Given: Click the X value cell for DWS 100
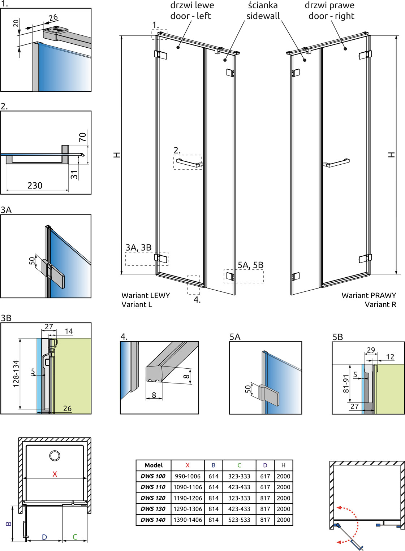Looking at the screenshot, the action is pos(188,476).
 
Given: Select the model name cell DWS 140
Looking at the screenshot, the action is pos(153,520).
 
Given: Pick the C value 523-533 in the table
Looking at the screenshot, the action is pos(239,520).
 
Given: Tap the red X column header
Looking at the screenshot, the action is pos(188,465).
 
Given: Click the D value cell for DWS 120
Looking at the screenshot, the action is pos(265,498).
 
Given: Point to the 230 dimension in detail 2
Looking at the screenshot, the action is pos(35,186).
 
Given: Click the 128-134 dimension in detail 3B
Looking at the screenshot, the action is pos(16,374).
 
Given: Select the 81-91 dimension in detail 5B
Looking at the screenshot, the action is pos(346,384).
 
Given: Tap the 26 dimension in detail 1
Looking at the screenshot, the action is pos(53,17).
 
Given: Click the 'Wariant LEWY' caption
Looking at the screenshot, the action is pos(146,295).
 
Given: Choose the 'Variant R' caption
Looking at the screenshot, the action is pos(380,304).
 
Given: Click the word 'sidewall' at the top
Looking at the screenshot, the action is pos(263,16).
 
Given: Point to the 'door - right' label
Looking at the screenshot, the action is pos(331,16).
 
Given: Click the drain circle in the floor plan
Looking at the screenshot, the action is pos(55,456).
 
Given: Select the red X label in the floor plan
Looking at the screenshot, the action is pos(55,474).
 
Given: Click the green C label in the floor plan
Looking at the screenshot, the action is pos(75,537).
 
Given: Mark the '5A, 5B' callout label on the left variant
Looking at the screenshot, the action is pos(250,265).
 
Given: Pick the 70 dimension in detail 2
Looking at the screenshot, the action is pos(83,137).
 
